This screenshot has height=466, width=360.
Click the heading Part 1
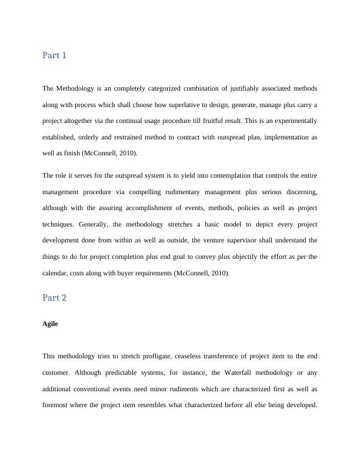54,55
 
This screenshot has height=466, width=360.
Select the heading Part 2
54,298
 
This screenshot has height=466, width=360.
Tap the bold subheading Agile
50,324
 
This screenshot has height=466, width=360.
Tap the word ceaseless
211,356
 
